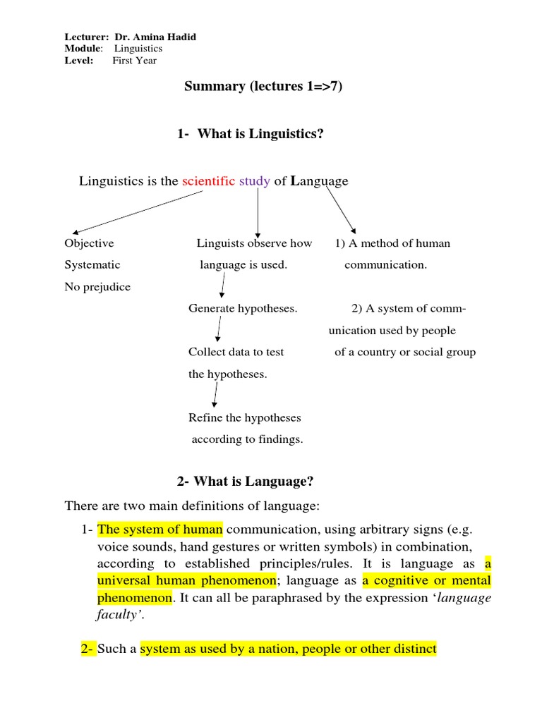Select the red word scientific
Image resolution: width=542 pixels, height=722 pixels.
pyautogui.click(x=208, y=181)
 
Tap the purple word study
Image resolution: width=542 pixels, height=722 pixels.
pyautogui.click(x=254, y=181)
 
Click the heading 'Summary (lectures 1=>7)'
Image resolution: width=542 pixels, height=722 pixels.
pyautogui.click(x=263, y=87)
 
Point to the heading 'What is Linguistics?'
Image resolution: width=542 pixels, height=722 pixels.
pyautogui.click(x=260, y=134)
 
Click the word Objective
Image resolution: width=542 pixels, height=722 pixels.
pyautogui.click(x=89, y=243)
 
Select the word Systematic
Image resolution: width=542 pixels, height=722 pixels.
pyautogui.click(x=92, y=265)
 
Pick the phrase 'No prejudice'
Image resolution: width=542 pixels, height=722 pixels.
pyautogui.click(x=97, y=287)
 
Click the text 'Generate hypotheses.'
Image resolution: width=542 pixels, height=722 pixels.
pyautogui.click(x=243, y=309)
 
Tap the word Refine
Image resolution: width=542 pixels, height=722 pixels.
pyautogui.click(x=205, y=418)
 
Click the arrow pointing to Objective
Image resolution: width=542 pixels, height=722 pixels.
pyautogui.click(x=138, y=212)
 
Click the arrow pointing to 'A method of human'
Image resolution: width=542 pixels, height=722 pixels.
pyautogui.click(x=340, y=210)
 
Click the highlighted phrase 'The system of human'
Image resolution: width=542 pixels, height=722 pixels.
pyautogui.click(x=160, y=529)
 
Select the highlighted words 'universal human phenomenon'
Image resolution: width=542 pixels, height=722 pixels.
pyautogui.click(x=186, y=581)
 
